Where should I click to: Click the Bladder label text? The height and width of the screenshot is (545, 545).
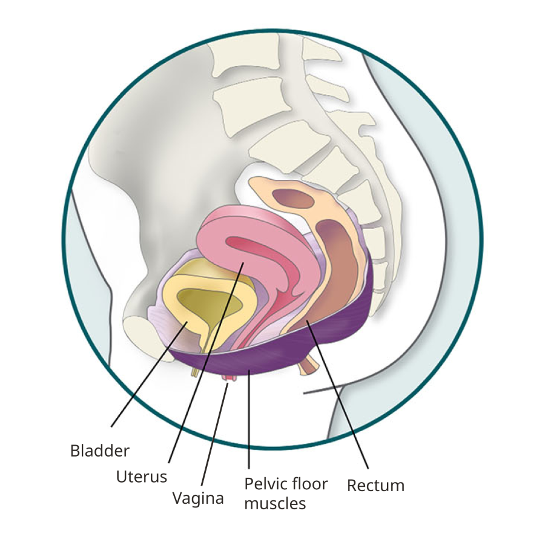(100, 451)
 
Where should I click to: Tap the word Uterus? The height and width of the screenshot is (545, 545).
(141, 477)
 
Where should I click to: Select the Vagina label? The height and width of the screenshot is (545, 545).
(198, 498)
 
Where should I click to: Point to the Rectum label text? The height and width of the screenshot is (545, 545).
(375, 486)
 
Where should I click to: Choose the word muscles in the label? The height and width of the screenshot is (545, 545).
(275, 503)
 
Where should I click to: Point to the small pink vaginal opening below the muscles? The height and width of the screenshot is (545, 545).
(228, 379)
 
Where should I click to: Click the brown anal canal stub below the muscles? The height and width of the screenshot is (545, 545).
(309, 365)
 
